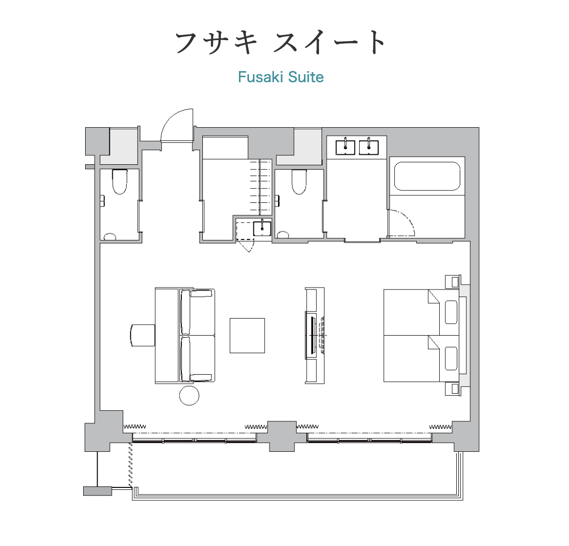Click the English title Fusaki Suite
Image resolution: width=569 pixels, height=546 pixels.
tap(280, 77)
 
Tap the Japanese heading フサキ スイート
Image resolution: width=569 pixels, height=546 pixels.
tap(280, 43)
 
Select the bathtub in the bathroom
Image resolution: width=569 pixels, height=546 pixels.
tap(427, 176)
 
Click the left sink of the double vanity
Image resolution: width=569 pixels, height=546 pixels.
tap(345, 147)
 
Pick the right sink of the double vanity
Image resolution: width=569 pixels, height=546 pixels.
tap(369, 147)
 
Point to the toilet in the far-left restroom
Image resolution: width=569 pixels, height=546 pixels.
tap(119, 182)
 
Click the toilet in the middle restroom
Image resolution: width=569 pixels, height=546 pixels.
tap(299, 182)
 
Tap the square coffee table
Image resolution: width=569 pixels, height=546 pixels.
tap(247, 336)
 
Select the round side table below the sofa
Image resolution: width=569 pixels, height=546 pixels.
tap(189, 395)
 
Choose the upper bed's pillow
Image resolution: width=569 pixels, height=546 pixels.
tap(451, 312)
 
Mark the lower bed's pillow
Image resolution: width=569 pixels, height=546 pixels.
tap(451, 359)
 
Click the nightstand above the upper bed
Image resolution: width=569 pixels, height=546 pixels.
tap(453, 282)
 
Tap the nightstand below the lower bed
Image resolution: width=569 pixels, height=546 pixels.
tap(453, 389)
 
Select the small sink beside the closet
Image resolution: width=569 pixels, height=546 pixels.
tap(261, 228)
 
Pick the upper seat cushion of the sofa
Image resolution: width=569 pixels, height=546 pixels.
tap(197, 312)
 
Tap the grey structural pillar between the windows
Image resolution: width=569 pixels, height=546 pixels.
tap(282, 436)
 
